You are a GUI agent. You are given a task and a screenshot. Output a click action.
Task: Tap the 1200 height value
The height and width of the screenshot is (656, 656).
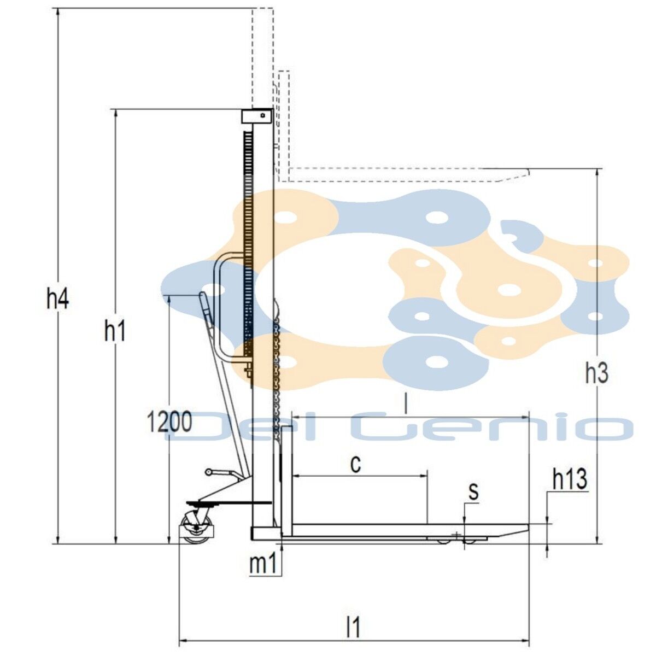(x=169, y=422)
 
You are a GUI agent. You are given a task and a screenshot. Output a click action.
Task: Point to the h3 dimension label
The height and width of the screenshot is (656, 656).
(x=597, y=373)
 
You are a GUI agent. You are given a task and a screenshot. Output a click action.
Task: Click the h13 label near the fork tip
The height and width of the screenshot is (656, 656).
(x=570, y=479)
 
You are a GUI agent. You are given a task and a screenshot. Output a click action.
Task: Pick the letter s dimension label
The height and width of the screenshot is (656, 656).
(x=473, y=491)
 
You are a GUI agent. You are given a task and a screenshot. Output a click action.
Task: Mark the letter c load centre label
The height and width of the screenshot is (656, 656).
(x=356, y=464)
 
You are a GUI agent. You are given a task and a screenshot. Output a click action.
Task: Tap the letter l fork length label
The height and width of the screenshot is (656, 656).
(x=406, y=404)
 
